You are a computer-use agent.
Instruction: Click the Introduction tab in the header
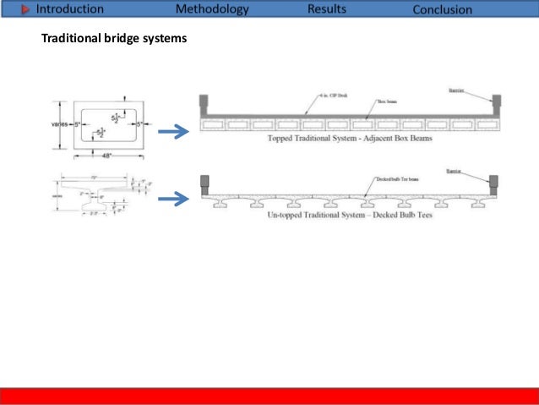pyautogui.click(x=69, y=10)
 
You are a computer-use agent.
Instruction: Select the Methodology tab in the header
pyautogui.click(x=212, y=10)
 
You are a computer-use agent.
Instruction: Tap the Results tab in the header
pyautogui.click(x=327, y=10)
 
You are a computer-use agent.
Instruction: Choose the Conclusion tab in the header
pyautogui.click(x=454, y=10)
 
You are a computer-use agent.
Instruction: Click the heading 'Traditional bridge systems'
pyautogui.click(x=114, y=39)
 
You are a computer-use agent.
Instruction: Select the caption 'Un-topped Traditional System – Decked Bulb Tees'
pyautogui.click(x=348, y=216)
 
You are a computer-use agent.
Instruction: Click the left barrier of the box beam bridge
pyautogui.click(x=204, y=104)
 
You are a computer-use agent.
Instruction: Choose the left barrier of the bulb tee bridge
pyautogui.click(x=204, y=183)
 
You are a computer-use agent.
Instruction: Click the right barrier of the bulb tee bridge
pyautogui.click(x=493, y=182)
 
